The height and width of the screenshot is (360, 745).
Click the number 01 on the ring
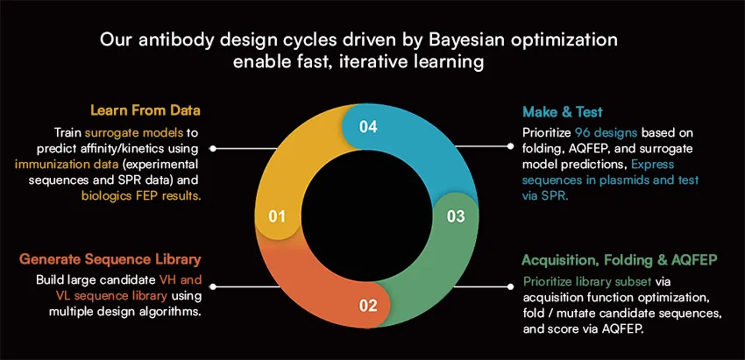pyautogui.click(x=276, y=217)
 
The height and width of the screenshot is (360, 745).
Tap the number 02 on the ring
pyautogui.click(x=368, y=306)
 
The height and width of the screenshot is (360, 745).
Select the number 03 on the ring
pyautogui.click(x=455, y=216)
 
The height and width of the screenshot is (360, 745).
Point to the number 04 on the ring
pyautogui.click(x=368, y=127)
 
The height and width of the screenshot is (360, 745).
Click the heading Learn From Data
pyautogui.click(x=145, y=110)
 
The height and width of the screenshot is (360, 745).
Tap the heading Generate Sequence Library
pyautogui.click(x=110, y=259)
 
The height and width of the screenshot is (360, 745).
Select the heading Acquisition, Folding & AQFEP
pyautogui.click(x=620, y=260)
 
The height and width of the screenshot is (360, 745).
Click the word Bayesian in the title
pyautogui.click(x=458, y=40)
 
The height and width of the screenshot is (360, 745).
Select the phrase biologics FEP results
pyautogui.click(x=140, y=195)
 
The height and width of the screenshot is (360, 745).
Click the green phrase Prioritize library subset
pyautogui.click(x=587, y=281)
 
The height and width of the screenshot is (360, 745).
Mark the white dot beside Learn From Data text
pyautogui.click(x=213, y=149)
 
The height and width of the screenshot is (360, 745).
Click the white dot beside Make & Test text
pyautogui.click(x=511, y=146)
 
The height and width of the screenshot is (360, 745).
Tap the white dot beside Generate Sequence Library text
pyautogui.click(x=213, y=286)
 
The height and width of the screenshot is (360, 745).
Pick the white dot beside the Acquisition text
pyautogui.click(x=511, y=286)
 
